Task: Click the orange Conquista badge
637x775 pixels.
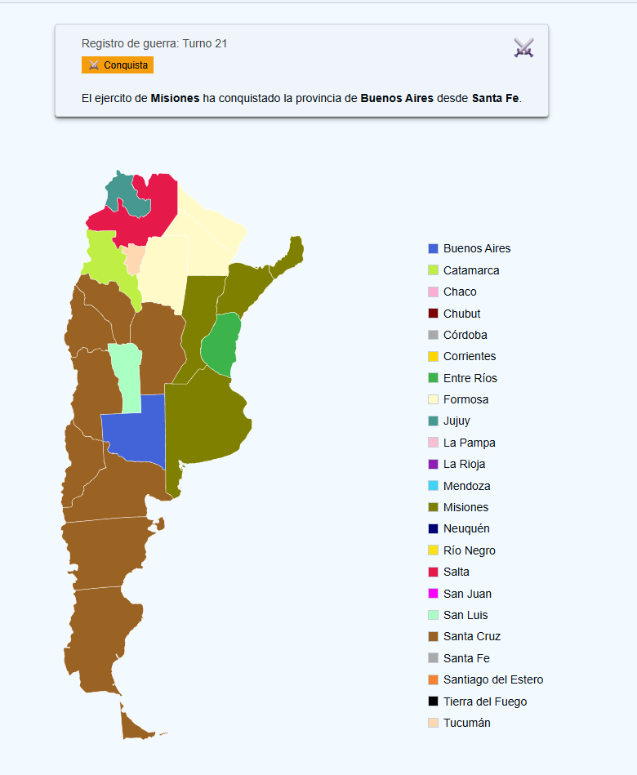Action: tap(118, 65)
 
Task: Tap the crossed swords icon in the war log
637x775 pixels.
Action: tap(523, 47)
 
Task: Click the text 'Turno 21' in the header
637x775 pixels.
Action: tap(204, 43)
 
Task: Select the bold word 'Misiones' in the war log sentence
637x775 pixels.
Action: tap(175, 98)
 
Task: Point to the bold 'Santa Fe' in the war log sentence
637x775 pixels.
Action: tap(496, 98)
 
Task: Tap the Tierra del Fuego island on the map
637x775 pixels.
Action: tap(135, 725)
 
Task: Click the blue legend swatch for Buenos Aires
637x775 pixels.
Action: tap(434, 248)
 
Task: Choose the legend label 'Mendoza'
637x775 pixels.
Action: tap(466, 486)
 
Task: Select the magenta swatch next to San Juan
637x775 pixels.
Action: tap(434, 594)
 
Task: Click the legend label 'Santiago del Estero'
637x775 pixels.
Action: tap(492, 679)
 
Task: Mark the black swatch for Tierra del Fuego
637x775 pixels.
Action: tap(434, 702)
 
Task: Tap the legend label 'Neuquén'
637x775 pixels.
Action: tap(465, 528)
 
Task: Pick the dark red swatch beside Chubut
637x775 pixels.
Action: tap(434, 314)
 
